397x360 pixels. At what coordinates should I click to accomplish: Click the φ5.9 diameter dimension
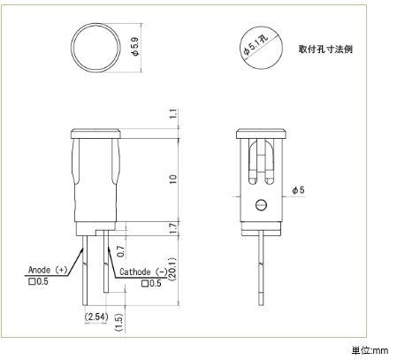(135, 47)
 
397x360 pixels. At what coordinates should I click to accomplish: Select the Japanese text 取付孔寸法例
(325, 49)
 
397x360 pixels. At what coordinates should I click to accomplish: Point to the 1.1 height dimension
(174, 114)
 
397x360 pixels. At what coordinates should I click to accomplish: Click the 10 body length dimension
(173, 179)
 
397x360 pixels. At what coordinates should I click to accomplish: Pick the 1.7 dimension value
(174, 228)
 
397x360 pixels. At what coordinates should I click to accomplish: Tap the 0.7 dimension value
(121, 250)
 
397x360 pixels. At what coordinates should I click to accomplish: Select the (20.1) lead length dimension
(172, 269)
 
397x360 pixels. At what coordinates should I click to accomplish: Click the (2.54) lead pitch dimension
(96, 317)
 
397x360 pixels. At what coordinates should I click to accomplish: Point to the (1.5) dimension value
(119, 322)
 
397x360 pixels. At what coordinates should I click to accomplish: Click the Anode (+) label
(48, 270)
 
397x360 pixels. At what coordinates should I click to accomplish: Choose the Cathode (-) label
(143, 272)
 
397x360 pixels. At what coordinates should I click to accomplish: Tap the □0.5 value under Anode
(38, 281)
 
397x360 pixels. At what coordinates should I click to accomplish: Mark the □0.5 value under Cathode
(151, 284)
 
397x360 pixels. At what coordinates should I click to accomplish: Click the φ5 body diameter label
(298, 190)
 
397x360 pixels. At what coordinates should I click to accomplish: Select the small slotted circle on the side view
(261, 204)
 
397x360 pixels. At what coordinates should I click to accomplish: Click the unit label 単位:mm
(370, 351)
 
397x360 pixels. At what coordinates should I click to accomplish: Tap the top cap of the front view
(95, 134)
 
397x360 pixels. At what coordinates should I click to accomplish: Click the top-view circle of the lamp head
(95, 25)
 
